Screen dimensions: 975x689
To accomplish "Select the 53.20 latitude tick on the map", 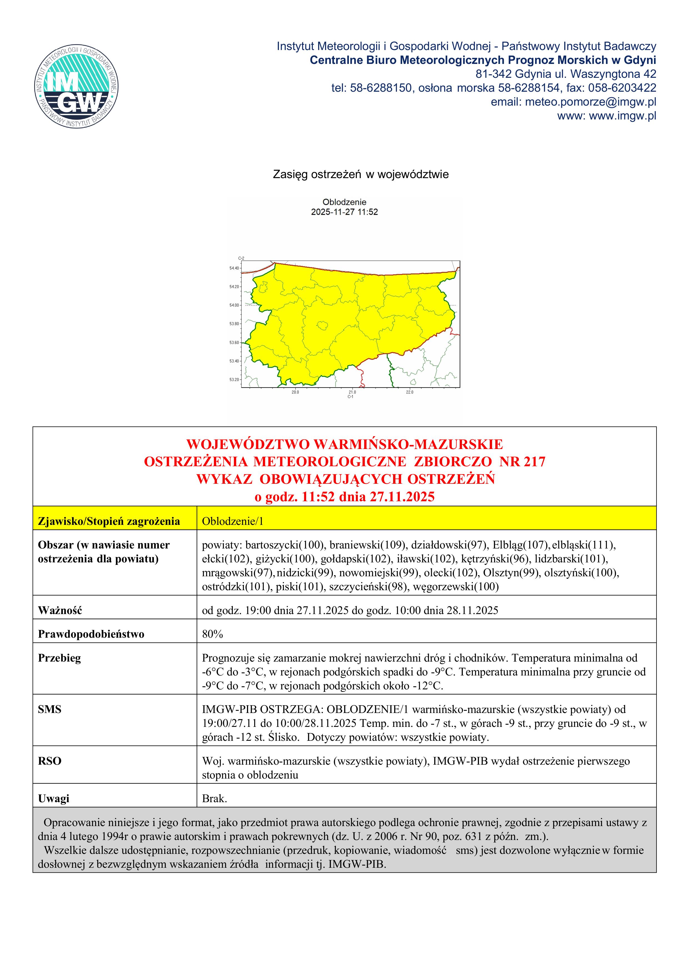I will pyautogui.click(x=234, y=380).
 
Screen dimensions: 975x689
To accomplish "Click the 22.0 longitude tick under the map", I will pyautogui.click(x=409, y=392).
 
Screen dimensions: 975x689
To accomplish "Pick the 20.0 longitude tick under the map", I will pyautogui.click(x=295, y=392).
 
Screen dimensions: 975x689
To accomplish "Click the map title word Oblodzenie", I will pyautogui.click(x=344, y=202).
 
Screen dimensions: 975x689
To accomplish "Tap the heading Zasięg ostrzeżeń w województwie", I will pyautogui.click(x=360, y=174).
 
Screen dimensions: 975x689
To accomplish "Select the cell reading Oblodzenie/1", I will pyautogui.click(x=233, y=521).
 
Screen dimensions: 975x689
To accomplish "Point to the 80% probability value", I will pyautogui.click(x=212, y=634).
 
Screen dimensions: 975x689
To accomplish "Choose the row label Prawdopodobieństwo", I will pyautogui.click(x=91, y=634).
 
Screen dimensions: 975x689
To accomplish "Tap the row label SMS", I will pyautogui.click(x=50, y=709).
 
